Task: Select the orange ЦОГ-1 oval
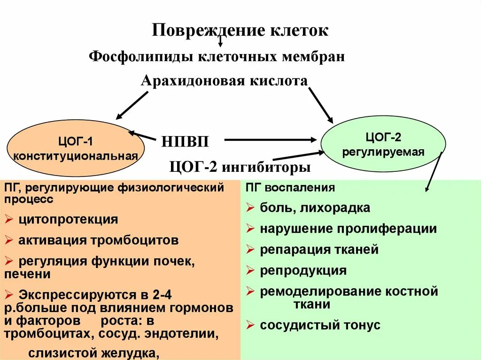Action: [76, 147]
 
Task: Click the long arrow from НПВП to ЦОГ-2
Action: [270, 139]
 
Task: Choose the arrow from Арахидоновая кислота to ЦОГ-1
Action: [132, 105]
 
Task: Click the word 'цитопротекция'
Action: [69, 219]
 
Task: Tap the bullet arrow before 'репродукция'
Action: [250, 271]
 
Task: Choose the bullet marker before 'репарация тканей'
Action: [250, 250]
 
